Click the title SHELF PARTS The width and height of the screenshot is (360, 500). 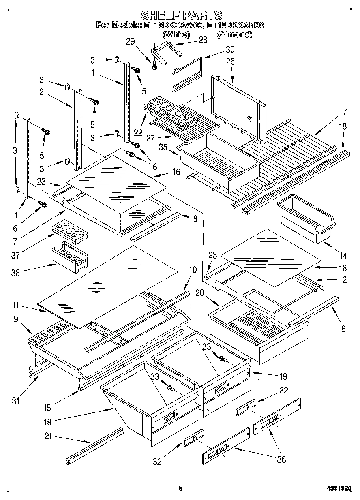[x=181, y=15]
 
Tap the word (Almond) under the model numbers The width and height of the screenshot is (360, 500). [x=234, y=35]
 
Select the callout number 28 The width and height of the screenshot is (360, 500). [x=202, y=40]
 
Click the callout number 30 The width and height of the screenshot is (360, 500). [x=230, y=50]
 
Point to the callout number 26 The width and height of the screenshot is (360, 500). [x=230, y=62]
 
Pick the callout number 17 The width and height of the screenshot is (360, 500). [x=343, y=112]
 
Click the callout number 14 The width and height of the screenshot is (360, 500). [x=343, y=256]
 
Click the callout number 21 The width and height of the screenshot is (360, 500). [x=48, y=437]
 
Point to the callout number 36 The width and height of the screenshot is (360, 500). [x=281, y=459]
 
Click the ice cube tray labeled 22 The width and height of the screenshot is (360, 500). [x=170, y=113]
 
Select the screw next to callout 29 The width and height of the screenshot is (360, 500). [x=154, y=64]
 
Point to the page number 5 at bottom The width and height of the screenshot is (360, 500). [x=180, y=489]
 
